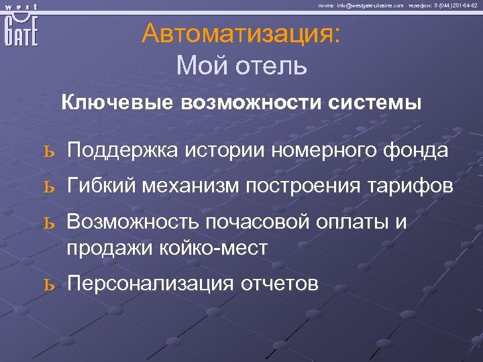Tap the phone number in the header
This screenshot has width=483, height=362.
(x=455, y=5)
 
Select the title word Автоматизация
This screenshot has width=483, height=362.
(x=241, y=34)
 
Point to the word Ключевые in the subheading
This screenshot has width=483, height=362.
(x=118, y=103)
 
